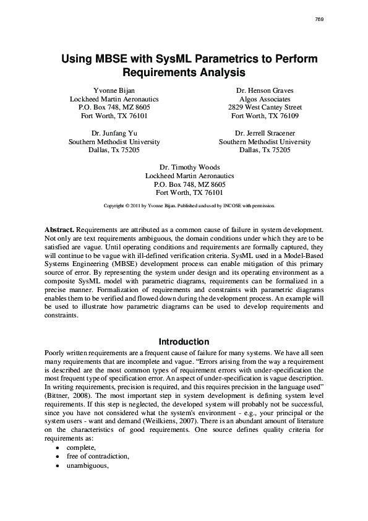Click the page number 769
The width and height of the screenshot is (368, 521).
click(319, 19)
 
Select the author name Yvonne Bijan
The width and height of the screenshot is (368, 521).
click(114, 90)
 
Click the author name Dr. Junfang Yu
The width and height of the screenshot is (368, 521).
click(114, 133)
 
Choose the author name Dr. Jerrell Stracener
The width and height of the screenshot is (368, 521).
click(265, 133)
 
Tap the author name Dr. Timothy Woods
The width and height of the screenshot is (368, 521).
click(189, 167)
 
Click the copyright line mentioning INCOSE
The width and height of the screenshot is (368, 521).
click(189, 204)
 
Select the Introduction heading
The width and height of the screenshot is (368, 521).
click(184, 342)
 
